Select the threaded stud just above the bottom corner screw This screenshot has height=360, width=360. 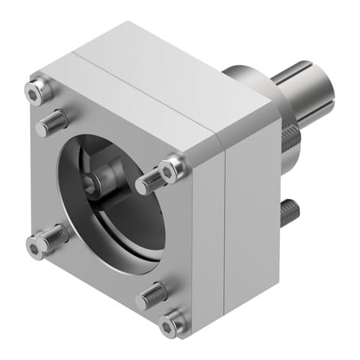[x=151, y=297]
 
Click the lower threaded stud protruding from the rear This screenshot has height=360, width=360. [x=290, y=212]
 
